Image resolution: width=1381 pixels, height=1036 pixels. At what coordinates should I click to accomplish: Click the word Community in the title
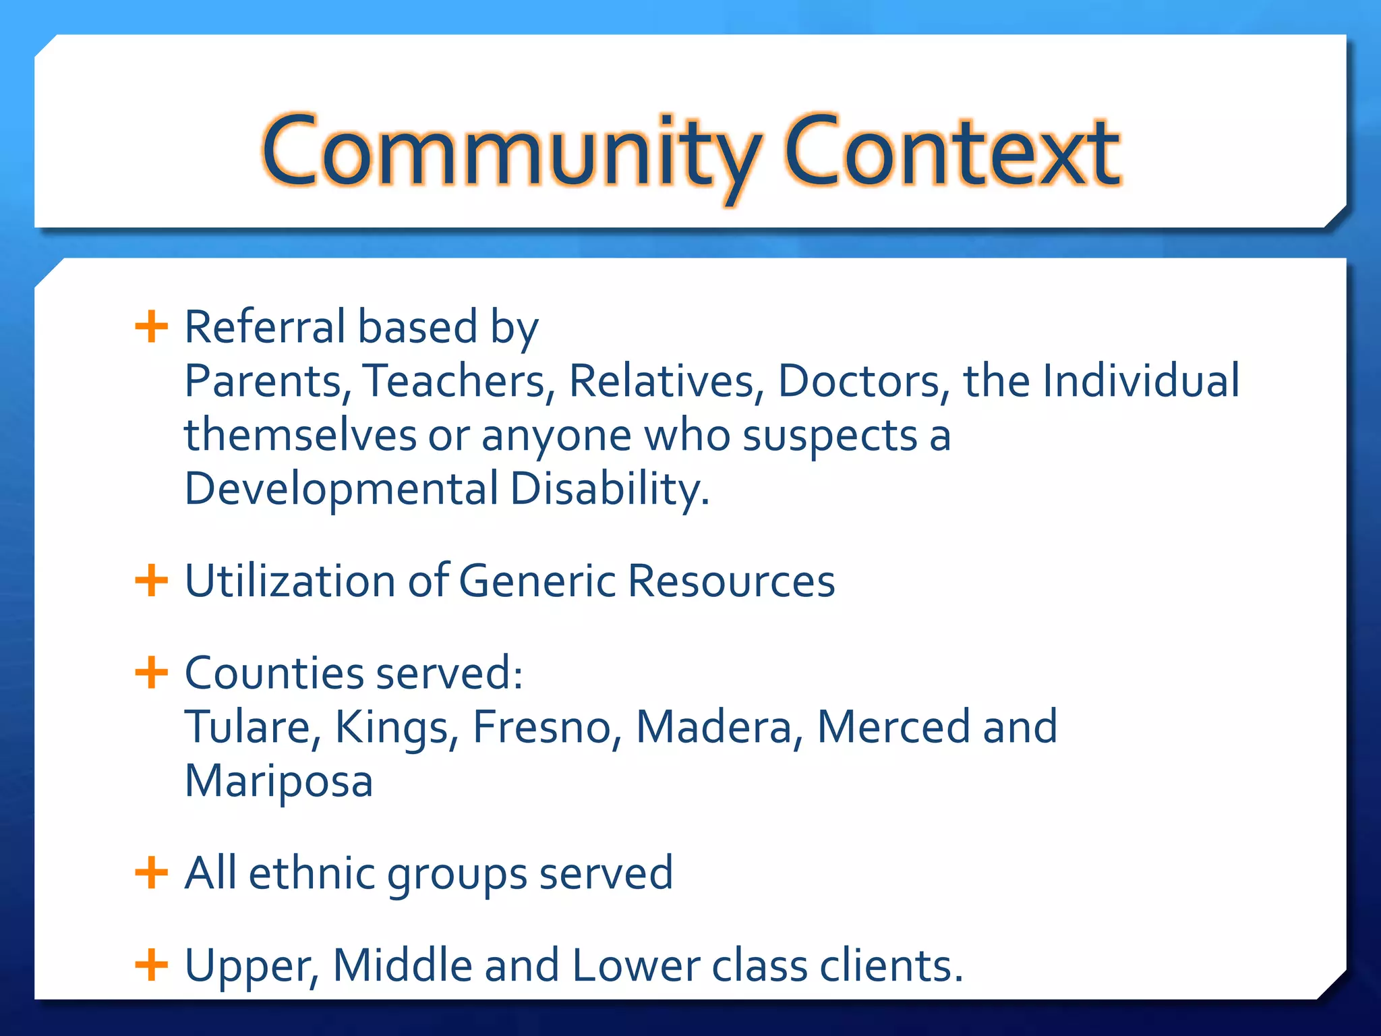coord(511,152)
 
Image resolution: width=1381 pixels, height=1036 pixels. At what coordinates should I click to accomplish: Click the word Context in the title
coord(952,152)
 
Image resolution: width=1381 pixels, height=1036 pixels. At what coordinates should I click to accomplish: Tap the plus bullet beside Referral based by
coord(151,327)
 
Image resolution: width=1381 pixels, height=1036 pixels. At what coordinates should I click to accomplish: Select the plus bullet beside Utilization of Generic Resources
coord(151,581)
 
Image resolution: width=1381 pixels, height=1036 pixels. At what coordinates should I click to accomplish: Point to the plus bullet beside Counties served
coord(151,672)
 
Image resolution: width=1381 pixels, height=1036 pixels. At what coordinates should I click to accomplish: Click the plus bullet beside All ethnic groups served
coord(151,873)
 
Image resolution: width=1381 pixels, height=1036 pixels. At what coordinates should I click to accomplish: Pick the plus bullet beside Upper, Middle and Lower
coord(151,965)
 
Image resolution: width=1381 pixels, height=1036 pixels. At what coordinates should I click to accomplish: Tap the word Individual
coord(1141,381)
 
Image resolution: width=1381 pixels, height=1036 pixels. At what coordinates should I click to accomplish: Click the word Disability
coord(609,489)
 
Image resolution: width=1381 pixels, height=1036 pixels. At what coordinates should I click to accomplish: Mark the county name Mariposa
coord(278,781)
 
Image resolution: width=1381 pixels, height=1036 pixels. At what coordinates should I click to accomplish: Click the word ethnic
coord(312,873)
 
